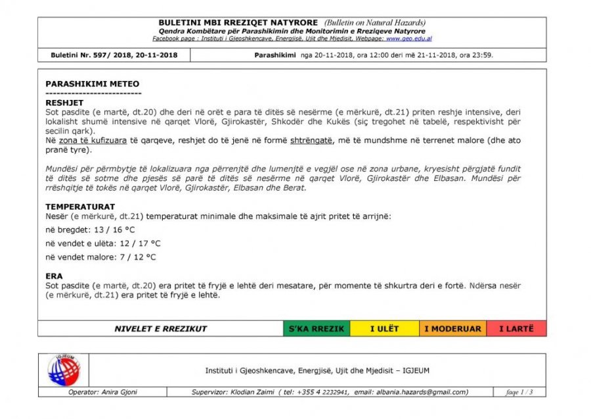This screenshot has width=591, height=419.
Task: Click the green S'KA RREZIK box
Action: pyautogui.click(x=317, y=329)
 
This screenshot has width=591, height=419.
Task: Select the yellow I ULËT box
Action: pyautogui.click(x=384, y=329)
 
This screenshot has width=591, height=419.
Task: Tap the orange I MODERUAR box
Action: pyautogui.click(x=452, y=329)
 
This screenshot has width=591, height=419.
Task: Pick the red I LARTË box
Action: pyautogui.click(x=516, y=329)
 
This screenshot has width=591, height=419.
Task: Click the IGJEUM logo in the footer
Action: pyautogui.click(x=63, y=370)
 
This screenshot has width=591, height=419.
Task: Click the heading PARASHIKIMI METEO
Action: pyautogui.click(x=92, y=84)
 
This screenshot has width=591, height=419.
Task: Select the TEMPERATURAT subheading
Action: pyautogui.click(x=80, y=207)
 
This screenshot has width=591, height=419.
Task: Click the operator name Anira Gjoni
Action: pyautogui.click(x=119, y=392)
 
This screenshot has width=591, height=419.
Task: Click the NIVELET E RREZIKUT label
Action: pyautogui.click(x=160, y=329)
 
